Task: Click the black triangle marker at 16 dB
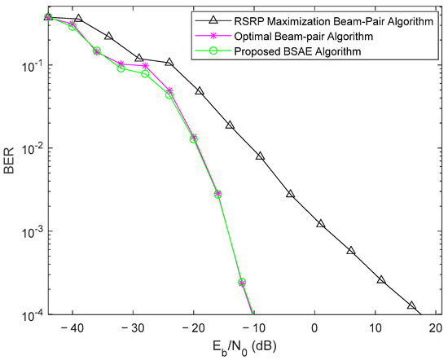point(411,305)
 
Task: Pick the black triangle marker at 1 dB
point(321,223)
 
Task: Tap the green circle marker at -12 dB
point(242,283)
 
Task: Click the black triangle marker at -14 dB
point(230,125)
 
